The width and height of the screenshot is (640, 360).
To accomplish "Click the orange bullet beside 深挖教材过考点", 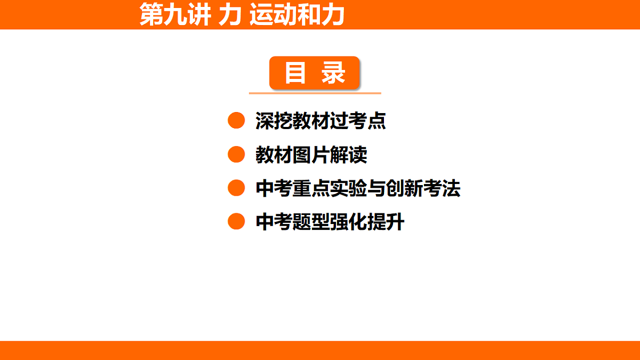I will [x=236, y=121].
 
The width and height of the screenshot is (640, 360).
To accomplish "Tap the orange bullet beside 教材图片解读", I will [x=236, y=155].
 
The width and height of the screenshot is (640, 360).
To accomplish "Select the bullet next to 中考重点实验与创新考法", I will [x=236, y=188].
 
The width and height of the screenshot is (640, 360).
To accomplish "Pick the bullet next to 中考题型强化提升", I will [x=236, y=221].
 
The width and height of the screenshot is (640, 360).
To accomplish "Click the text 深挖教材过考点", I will [x=321, y=122].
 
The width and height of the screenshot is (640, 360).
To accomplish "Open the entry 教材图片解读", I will [x=311, y=155].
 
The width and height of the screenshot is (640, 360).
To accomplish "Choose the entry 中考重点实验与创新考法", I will [x=358, y=189].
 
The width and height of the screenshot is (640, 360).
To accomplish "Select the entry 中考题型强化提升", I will [x=330, y=222].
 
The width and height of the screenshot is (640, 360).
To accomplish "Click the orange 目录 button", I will [x=315, y=73].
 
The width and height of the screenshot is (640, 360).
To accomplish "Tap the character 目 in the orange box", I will [x=295, y=73].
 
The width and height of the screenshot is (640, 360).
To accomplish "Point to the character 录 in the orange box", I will [x=334, y=73].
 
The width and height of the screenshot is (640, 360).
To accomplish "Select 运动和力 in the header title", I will [x=297, y=15].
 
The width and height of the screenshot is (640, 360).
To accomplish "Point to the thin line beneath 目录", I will [x=315, y=93].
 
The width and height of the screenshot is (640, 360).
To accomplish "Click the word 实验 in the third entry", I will [x=349, y=189].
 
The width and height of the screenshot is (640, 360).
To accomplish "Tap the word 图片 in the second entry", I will [x=311, y=155].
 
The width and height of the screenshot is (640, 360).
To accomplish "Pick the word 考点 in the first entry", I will [x=367, y=122].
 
